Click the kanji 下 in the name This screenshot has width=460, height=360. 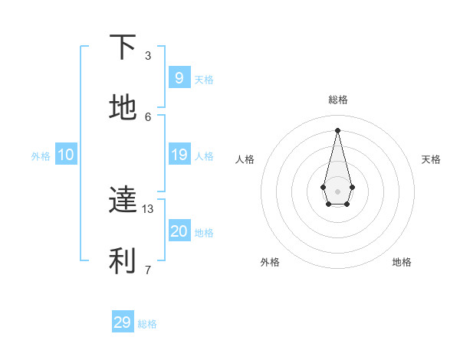click(123, 47)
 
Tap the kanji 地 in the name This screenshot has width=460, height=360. click(123, 108)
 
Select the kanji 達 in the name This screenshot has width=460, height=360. click(123, 200)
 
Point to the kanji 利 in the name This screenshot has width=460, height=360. click(123, 261)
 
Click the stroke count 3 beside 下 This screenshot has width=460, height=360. click(148, 55)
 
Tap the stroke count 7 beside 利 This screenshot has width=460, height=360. click(148, 269)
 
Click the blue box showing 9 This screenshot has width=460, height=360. click(179, 77)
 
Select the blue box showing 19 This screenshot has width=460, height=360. click(179, 155)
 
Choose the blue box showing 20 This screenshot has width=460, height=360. click(179, 231)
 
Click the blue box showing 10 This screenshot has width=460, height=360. click(65, 155)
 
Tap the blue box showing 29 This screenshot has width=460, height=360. click(122, 322)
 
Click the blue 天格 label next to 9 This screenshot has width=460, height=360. click(204, 79)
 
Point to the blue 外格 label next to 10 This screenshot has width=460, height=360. click(41, 156)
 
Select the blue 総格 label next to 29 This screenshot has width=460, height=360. click(147, 324)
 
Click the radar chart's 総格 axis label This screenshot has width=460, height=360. click(337, 100)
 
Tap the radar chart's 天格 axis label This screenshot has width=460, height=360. click(431, 159)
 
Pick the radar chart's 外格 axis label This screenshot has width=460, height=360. click(270, 262)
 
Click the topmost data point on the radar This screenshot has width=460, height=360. click(337, 129)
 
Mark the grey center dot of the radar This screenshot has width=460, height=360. click(337, 191)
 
